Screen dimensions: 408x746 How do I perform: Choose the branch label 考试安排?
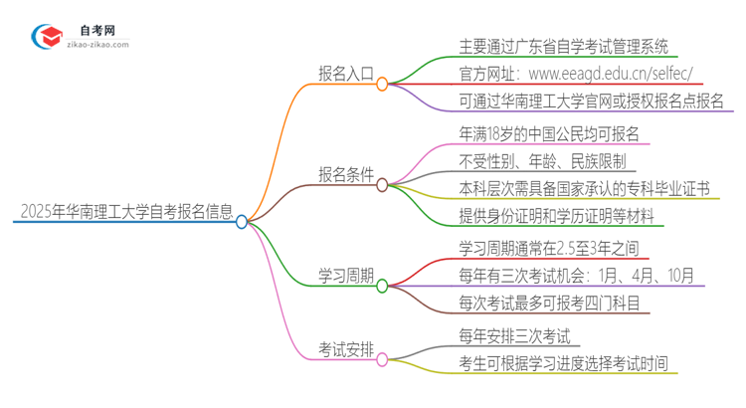point(345,349)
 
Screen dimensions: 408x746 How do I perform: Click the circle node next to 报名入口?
point(382,85)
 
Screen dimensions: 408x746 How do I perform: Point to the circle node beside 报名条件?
point(382,184)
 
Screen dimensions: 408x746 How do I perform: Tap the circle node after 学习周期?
point(382,285)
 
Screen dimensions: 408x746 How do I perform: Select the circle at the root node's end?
point(241,222)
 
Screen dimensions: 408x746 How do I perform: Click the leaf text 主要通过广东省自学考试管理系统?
point(563,46)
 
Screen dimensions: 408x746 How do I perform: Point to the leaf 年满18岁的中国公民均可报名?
point(549,133)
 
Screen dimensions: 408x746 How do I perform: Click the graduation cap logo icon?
point(47,38)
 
